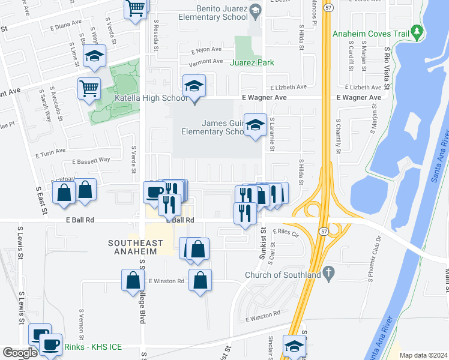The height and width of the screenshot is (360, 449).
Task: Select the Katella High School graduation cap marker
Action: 194,86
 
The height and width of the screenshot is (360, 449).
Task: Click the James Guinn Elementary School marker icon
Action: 256,125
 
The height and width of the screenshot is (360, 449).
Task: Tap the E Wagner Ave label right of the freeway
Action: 358,97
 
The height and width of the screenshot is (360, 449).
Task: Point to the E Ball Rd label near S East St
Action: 78,220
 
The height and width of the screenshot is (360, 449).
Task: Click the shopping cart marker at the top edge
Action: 136,8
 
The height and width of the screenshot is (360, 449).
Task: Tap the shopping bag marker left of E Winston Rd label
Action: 133,280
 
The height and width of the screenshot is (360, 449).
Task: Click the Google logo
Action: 20,353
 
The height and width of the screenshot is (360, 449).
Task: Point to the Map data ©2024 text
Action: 423,355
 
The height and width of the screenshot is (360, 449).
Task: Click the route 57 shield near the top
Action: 328,8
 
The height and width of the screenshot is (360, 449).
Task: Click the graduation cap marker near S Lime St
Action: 94,56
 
